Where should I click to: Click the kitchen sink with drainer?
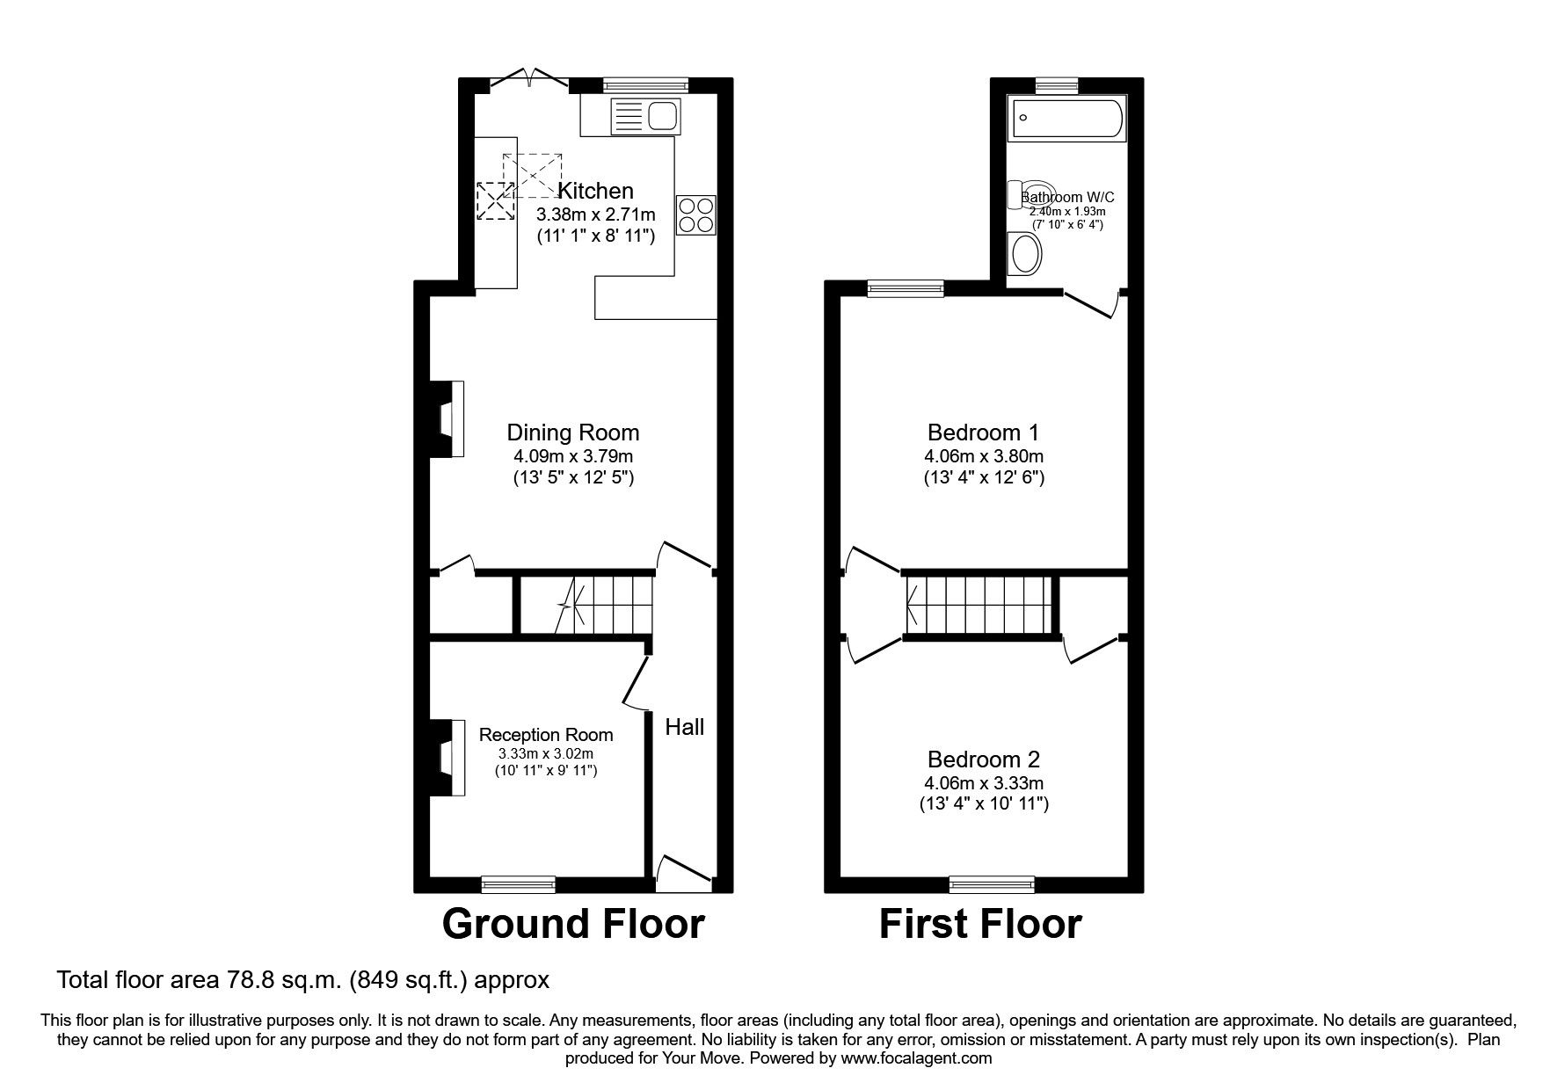point(645,115)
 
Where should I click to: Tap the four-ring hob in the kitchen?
point(697,214)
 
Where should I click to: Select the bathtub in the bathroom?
point(1067,119)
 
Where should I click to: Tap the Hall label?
point(684,727)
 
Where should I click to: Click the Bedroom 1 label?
point(983,432)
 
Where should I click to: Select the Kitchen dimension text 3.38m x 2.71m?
point(596,214)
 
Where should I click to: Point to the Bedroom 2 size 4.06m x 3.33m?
point(984,783)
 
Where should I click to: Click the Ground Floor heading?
point(572,924)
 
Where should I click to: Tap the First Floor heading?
point(980,924)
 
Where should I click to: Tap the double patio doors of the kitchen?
point(528,81)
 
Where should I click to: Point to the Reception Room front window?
point(519,883)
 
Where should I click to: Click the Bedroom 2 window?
point(992,883)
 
